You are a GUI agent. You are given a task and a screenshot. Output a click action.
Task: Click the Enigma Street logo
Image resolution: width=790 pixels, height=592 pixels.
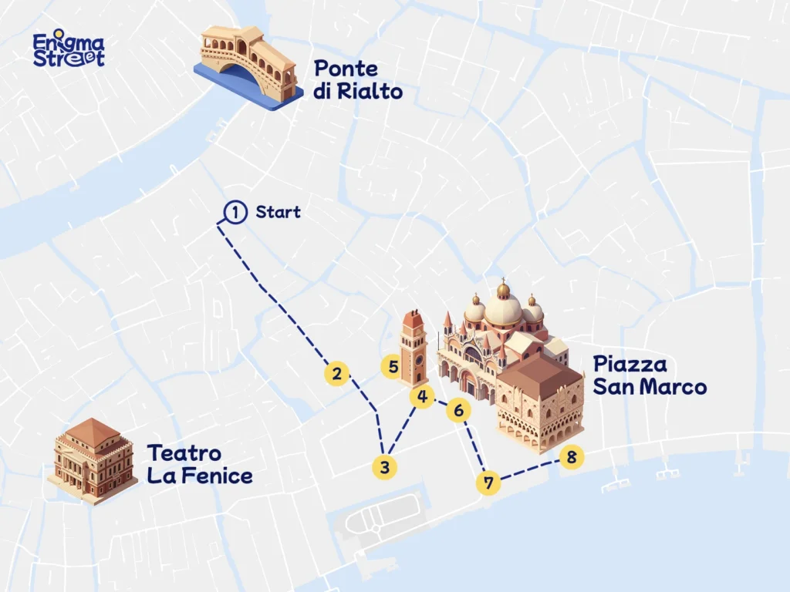click(x=69, y=50)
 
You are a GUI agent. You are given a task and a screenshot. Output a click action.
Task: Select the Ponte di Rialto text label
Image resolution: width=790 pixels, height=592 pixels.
click(x=357, y=80)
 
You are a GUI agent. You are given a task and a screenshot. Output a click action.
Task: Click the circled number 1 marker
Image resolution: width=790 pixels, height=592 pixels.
click(x=235, y=211)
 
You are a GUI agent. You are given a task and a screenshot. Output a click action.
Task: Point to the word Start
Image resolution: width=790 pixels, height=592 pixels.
click(x=278, y=212)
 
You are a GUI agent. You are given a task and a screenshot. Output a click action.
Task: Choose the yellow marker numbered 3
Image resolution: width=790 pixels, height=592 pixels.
click(x=384, y=466)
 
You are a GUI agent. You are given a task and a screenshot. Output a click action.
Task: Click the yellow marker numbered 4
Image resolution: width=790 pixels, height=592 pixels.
click(x=421, y=397)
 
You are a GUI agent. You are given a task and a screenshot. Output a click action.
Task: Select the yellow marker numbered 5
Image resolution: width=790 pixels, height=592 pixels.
click(x=393, y=367)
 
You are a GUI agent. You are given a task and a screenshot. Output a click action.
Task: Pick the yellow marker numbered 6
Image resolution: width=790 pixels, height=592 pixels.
click(x=458, y=411)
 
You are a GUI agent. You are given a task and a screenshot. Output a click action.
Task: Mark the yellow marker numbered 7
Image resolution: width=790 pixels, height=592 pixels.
click(x=488, y=483)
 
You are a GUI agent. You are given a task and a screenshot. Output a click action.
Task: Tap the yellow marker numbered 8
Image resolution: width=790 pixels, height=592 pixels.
click(x=571, y=457)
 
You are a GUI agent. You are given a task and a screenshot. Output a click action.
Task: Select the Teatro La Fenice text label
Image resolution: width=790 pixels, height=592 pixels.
click(x=199, y=464)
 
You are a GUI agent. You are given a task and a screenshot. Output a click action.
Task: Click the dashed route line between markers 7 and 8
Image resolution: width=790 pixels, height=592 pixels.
click(x=528, y=470)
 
